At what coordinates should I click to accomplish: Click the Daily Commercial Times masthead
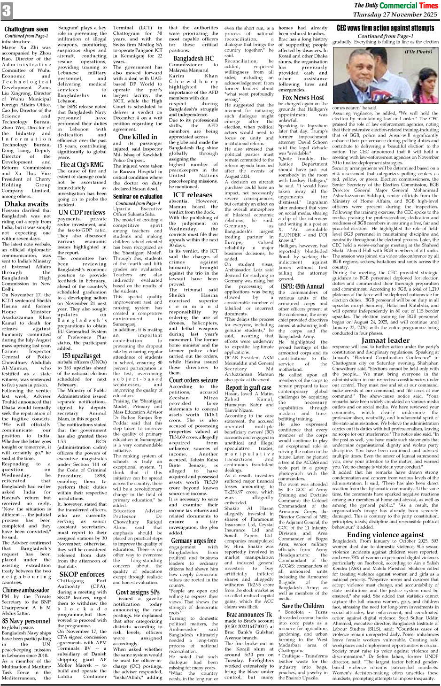point(395,6)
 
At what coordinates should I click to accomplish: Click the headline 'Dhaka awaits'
point(26,204)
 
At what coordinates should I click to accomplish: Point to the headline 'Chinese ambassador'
point(26,590)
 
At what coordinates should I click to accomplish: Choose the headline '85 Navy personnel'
point(26,621)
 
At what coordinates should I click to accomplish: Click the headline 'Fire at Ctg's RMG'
point(82,164)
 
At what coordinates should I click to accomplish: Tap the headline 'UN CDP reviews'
point(82,212)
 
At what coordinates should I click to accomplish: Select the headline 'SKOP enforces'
point(82,574)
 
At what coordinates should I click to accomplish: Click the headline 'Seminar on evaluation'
point(138,196)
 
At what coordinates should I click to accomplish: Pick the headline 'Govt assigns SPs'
point(138,592)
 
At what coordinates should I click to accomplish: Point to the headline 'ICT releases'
point(193,194)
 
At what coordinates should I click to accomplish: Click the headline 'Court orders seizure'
point(193,380)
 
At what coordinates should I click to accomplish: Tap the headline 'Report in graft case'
point(248,387)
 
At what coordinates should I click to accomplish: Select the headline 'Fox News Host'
point(303,98)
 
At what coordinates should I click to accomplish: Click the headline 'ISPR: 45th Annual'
point(303,286)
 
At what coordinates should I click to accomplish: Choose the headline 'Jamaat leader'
point(385,327)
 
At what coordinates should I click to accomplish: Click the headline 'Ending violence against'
point(385,534)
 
